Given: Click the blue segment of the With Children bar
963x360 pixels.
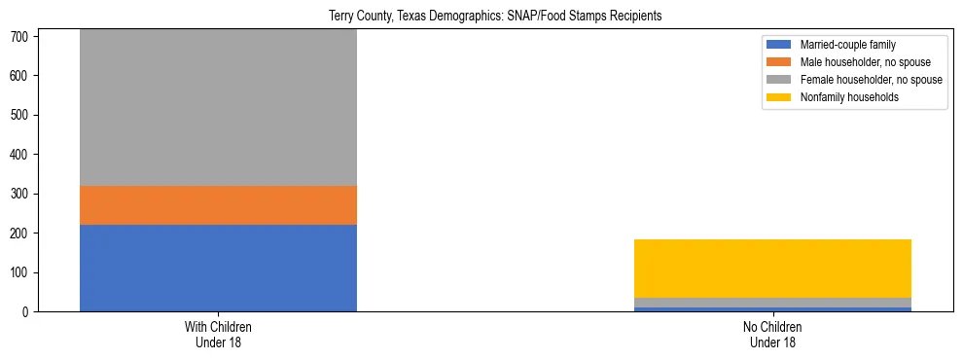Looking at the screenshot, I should [218, 268].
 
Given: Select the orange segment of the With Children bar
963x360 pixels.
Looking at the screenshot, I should [218, 205].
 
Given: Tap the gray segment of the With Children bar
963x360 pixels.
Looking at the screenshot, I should [218, 107].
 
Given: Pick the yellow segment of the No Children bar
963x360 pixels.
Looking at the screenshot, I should [772, 268].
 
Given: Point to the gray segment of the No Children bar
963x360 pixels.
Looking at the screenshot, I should [772, 303].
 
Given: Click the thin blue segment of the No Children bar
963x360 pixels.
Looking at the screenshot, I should [772, 309].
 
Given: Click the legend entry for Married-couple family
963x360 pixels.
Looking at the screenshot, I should [847, 45].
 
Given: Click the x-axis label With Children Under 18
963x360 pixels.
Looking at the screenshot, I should [218, 335].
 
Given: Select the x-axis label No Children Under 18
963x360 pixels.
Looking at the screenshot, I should [772, 335].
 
